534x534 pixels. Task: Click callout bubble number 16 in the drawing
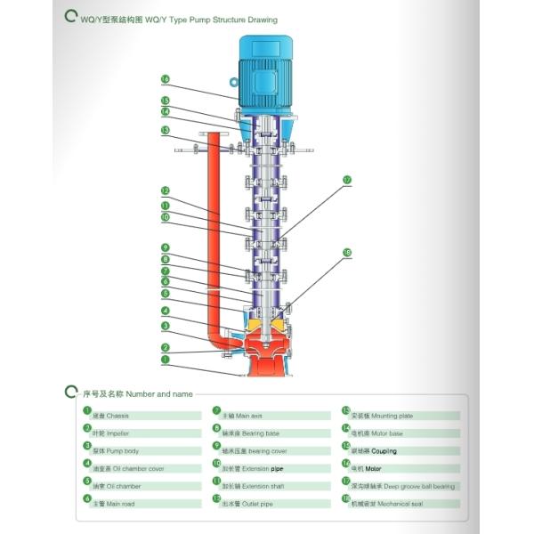pyautogui.click(x=165, y=79)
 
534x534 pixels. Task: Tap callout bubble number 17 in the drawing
pyautogui.click(x=347, y=180)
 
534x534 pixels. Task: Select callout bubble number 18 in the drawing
pyautogui.click(x=347, y=254)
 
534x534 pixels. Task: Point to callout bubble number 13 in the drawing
pyautogui.click(x=165, y=130)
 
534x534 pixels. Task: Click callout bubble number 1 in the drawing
pyautogui.click(x=165, y=360)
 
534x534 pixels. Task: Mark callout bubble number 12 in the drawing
pyautogui.click(x=165, y=190)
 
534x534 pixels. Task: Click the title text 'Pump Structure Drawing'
pyautogui.click(x=231, y=19)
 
